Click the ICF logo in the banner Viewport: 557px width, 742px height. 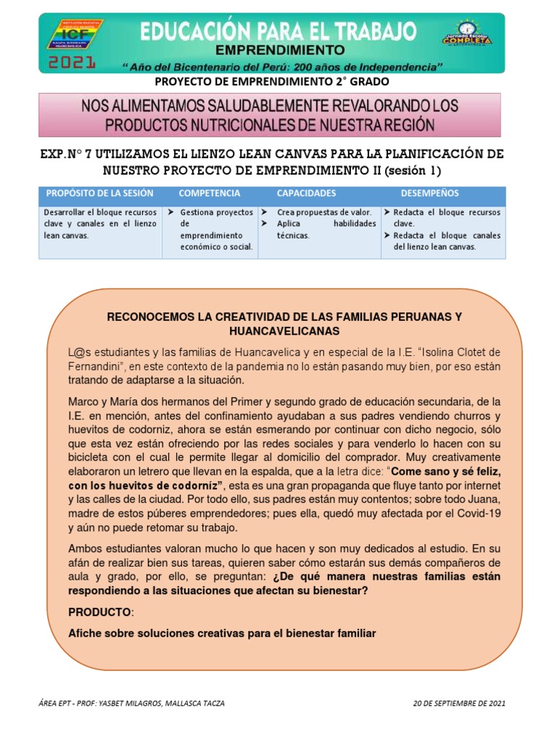pos(74,34)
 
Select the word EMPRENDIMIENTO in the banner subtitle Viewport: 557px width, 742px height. pos(282,50)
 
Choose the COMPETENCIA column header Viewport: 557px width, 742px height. pos(210,194)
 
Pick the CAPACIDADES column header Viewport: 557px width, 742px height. pos(306,194)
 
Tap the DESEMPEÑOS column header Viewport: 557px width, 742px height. pos(429,194)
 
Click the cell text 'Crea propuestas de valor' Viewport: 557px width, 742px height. pos(324,212)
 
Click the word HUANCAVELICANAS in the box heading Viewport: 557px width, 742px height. pos(284,330)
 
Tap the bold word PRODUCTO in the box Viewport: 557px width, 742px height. pos(100,612)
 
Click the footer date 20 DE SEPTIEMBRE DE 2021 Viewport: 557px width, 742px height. pos(459,703)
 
